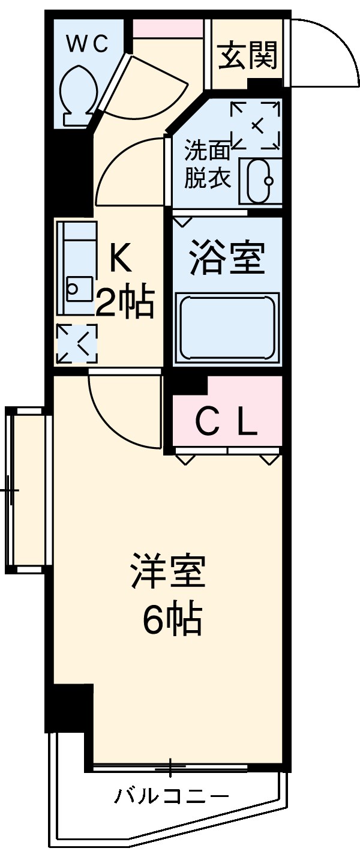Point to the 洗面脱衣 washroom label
point(207,163)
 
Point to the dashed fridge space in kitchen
point(76,343)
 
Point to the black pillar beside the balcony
point(70,708)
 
